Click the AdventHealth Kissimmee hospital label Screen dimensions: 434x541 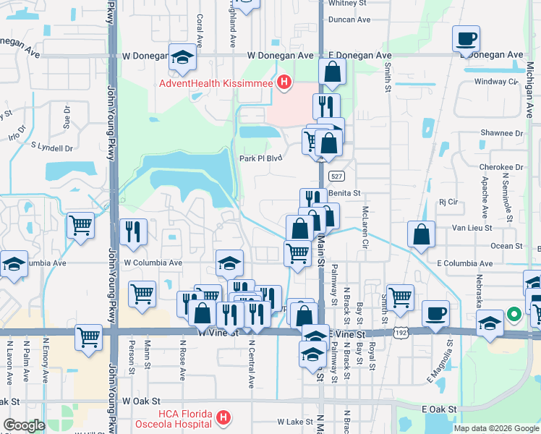pos(216,84)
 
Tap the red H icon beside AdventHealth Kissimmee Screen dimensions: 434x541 pos(284,84)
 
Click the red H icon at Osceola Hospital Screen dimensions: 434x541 pos(224,418)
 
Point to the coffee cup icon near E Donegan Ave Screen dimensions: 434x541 pos(467,38)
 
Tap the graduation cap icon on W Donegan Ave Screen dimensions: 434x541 pos(183,57)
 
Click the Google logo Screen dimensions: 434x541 pos(25,425)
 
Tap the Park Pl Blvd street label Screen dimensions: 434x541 pos(260,158)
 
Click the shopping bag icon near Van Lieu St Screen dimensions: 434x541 pos(421,234)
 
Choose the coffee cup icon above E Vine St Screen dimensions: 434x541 pos(435,313)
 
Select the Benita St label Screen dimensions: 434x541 pos(344,194)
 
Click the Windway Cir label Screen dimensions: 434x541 pos(497,82)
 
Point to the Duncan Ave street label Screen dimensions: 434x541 pos(349,20)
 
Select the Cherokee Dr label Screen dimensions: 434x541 pos(500,166)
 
